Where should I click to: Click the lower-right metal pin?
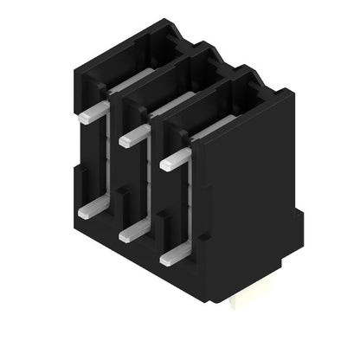click(x=174, y=252)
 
